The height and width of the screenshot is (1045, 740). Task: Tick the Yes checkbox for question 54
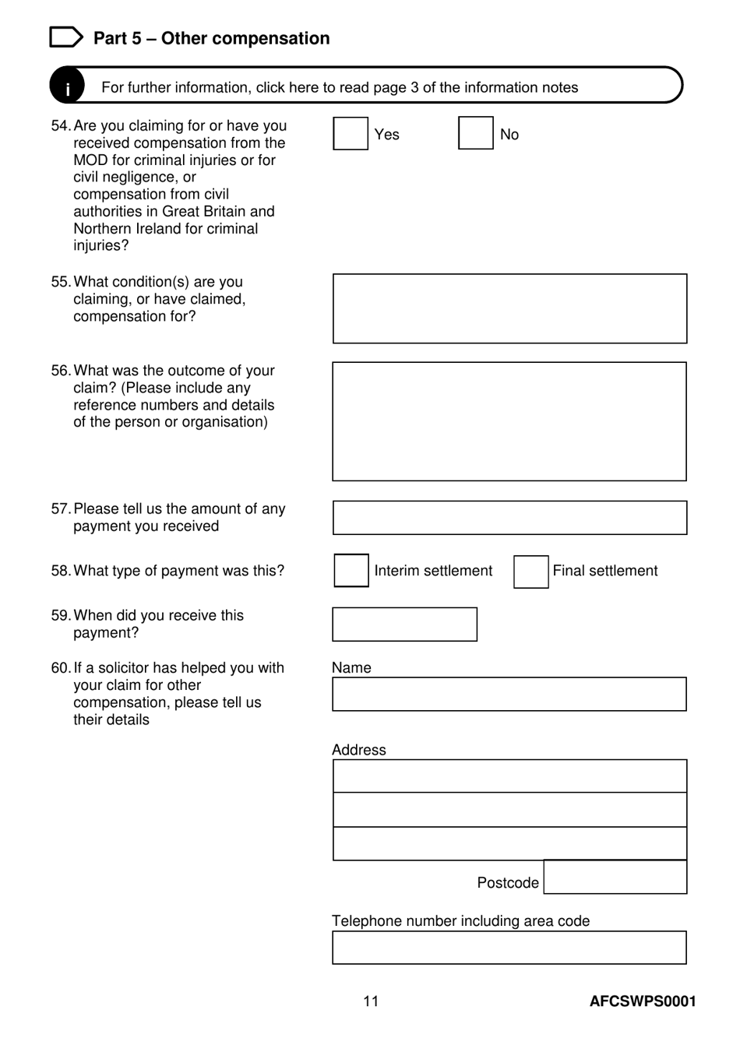click(351, 133)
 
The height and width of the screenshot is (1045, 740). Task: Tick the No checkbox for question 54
click(475, 133)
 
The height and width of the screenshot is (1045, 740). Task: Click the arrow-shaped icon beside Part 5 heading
click(65, 37)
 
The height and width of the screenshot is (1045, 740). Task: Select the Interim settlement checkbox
click(351, 571)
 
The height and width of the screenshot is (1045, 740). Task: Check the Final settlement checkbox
click(530, 572)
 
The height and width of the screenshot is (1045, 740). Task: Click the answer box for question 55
click(509, 308)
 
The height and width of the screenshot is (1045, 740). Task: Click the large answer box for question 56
click(509, 421)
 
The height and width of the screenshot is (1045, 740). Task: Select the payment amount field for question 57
click(509, 518)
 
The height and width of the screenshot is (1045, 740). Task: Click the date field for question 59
click(404, 625)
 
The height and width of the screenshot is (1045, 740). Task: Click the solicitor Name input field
click(509, 694)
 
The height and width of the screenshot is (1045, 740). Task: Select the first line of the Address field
click(509, 776)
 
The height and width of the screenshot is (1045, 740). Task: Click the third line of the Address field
click(509, 843)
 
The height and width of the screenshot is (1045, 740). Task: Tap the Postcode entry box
click(615, 877)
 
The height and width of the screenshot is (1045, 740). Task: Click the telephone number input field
click(509, 948)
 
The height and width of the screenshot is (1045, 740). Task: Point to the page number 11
click(371, 1001)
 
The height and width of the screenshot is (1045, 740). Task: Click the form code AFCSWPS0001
click(643, 1001)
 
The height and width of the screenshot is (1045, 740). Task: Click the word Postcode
click(508, 883)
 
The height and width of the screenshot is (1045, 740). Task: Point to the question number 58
click(60, 571)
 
